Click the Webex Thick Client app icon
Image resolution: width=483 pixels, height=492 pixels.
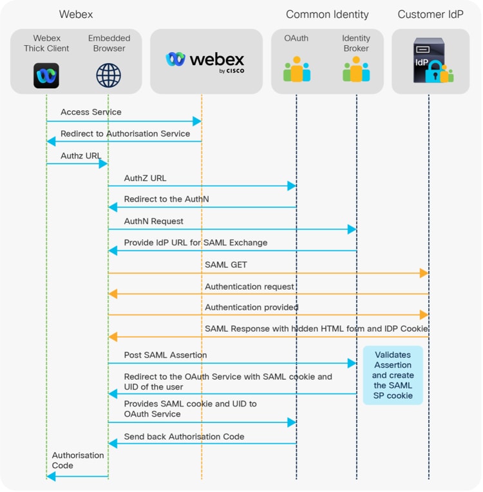coord(46,75)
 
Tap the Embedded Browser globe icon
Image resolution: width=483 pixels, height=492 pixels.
coord(108,75)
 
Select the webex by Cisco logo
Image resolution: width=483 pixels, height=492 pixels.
coord(205,61)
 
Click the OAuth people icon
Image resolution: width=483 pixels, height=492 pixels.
coord(296,70)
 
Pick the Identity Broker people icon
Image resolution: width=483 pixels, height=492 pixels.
coord(356,70)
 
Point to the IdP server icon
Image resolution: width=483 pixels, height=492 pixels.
coord(430,61)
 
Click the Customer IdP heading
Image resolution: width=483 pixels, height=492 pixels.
coord(430,14)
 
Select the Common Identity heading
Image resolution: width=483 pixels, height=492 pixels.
coord(327,14)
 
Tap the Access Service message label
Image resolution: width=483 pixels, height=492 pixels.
coord(91,112)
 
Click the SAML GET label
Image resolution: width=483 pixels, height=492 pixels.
coord(225,265)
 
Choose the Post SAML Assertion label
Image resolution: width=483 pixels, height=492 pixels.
coord(166,355)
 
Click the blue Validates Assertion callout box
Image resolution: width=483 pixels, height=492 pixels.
coord(392,375)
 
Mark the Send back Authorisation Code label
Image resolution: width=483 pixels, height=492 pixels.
coord(184,437)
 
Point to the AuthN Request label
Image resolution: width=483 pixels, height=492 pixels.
coord(153,221)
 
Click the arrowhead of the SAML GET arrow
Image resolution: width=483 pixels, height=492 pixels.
coord(424,273)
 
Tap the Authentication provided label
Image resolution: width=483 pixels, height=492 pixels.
coord(251,307)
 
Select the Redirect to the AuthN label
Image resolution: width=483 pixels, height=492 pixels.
coord(166,199)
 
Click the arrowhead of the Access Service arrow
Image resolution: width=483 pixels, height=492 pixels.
coord(198,121)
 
